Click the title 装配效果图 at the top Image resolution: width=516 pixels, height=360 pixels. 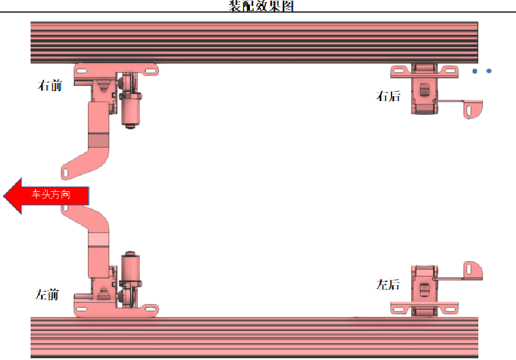261,5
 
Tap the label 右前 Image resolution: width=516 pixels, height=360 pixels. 50,85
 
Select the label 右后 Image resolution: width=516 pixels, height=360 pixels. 388,96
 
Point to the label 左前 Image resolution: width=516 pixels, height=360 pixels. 47,294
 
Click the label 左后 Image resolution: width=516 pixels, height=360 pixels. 388,285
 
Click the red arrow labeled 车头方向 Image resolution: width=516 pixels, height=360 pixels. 46,196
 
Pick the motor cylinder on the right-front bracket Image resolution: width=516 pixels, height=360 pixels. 131,111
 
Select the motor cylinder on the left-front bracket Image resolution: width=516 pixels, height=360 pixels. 131,267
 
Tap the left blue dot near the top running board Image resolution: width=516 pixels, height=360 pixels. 475,71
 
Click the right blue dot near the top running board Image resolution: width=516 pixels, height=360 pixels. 489,71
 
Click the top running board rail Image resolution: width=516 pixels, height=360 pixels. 254,42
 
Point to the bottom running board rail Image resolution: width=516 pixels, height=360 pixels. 254,337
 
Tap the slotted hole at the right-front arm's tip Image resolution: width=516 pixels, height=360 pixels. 66,173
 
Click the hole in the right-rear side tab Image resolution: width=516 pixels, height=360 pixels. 469,110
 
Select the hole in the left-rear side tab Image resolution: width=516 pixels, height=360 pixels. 469,269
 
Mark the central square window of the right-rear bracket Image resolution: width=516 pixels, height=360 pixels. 424,90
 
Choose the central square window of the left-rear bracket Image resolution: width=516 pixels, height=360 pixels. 424,290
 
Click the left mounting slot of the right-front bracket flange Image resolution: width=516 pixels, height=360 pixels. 81,71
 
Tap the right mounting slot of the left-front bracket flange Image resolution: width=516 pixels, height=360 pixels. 150,309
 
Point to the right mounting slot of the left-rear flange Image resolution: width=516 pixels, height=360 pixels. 450,309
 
